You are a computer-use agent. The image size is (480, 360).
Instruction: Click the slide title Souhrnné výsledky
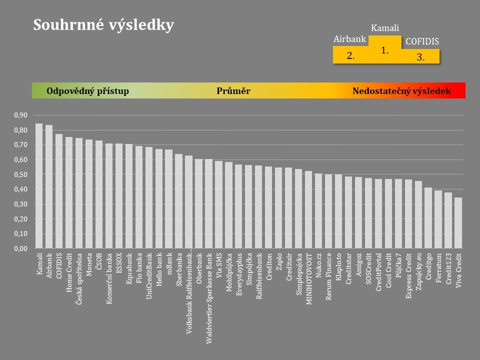(103, 25)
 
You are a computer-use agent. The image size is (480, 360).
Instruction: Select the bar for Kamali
(39, 185)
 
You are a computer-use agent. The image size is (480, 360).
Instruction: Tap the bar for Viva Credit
(458, 223)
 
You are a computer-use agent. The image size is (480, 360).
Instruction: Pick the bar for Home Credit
(69, 192)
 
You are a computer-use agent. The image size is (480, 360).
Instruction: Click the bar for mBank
(168, 198)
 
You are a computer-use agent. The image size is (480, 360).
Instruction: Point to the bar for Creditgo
(428, 218)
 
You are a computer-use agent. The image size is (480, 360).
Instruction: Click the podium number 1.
(384, 50)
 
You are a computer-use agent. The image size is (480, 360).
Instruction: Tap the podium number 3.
(420, 57)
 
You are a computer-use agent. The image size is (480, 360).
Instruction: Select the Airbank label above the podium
(350, 39)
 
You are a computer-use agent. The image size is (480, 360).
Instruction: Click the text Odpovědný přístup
(87, 91)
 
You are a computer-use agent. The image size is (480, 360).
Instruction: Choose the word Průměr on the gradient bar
(233, 91)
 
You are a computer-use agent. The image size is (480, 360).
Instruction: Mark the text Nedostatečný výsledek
(401, 91)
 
